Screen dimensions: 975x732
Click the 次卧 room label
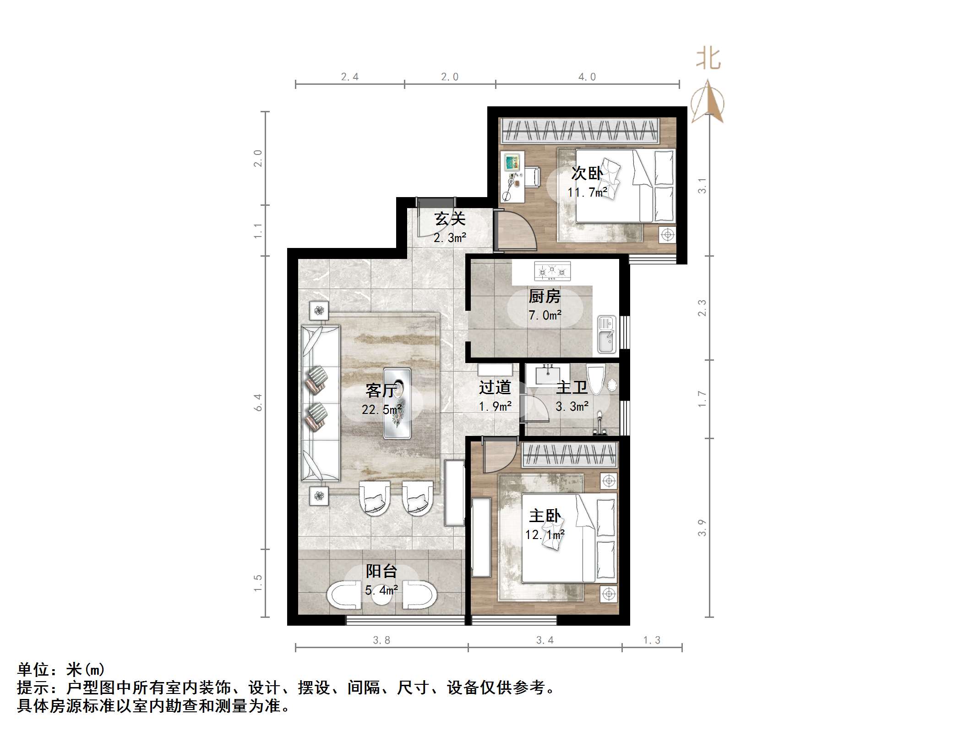click(x=587, y=173)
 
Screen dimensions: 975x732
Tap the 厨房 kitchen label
click(x=545, y=297)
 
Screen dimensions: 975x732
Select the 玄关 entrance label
click(x=450, y=219)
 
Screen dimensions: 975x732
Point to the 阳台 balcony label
click(x=381, y=571)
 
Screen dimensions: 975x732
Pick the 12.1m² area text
click(x=545, y=535)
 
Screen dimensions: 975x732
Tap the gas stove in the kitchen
click(x=552, y=271)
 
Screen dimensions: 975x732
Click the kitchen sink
click(x=607, y=335)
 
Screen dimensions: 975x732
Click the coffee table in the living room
click(x=397, y=403)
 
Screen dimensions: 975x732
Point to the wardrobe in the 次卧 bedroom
click(x=580, y=130)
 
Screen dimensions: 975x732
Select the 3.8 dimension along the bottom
click(x=381, y=640)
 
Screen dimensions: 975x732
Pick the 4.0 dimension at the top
click(x=587, y=77)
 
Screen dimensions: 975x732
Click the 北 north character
click(x=708, y=59)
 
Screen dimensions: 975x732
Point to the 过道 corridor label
click(x=495, y=388)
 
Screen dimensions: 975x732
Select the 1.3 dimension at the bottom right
click(x=652, y=640)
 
